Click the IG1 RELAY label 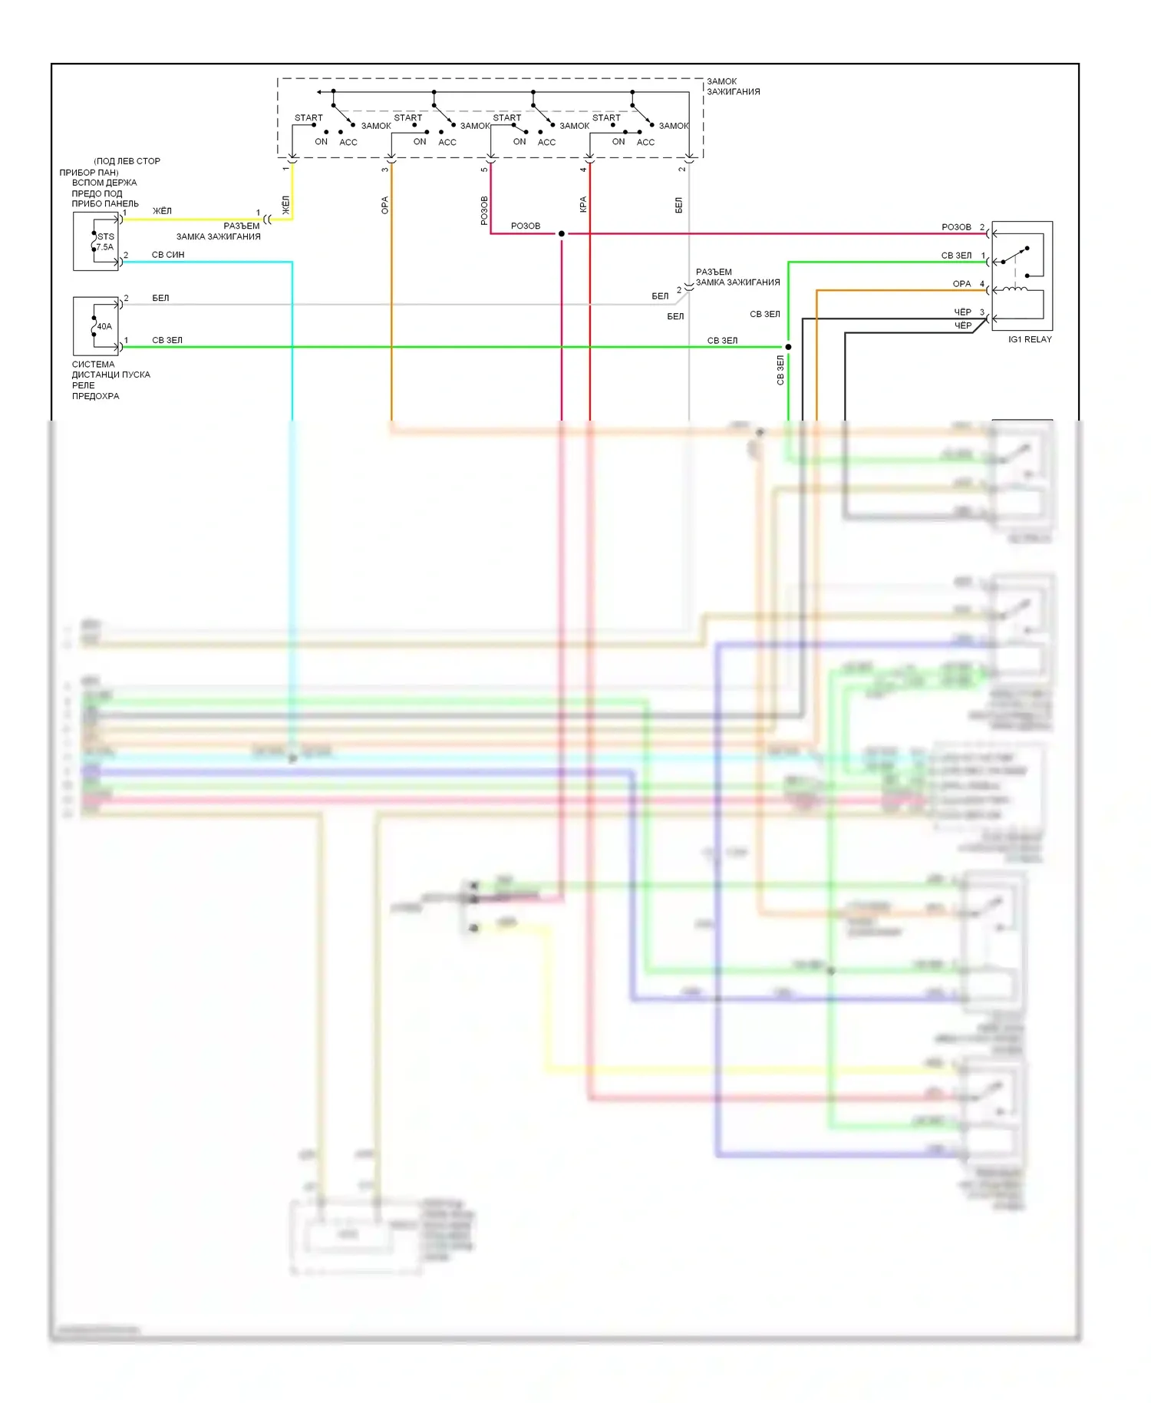pyautogui.click(x=1030, y=339)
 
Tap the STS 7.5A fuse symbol pyautogui.click(x=96, y=242)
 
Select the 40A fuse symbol pyautogui.click(x=96, y=326)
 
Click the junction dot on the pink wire pyautogui.click(x=562, y=233)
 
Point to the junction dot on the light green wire pyautogui.click(x=788, y=347)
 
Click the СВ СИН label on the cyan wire pyautogui.click(x=168, y=255)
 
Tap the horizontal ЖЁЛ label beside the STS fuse pyautogui.click(x=162, y=211)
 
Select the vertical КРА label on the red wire pyautogui.click(x=583, y=204)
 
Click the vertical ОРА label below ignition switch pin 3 pyautogui.click(x=385, y=206)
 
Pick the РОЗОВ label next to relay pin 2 pyautogui.click(x=956, y=227)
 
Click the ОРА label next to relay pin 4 pyautogui.click(x=961, y=284)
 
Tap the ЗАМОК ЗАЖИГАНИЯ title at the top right pyautogui.click(x=733, y=86)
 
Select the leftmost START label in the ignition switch pyautogui.click(x=308, y=118)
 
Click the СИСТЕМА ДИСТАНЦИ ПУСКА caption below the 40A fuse pyautogui.click(x=110, y=370)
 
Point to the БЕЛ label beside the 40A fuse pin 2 pyautogui.click(x=160, y=298)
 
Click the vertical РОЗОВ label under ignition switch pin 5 pyautogui.click(x=484, y=210)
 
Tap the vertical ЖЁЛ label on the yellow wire pyautogui.click(x=286, y=205)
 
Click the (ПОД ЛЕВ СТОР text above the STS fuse pyautogui.click(x=127, y=161)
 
